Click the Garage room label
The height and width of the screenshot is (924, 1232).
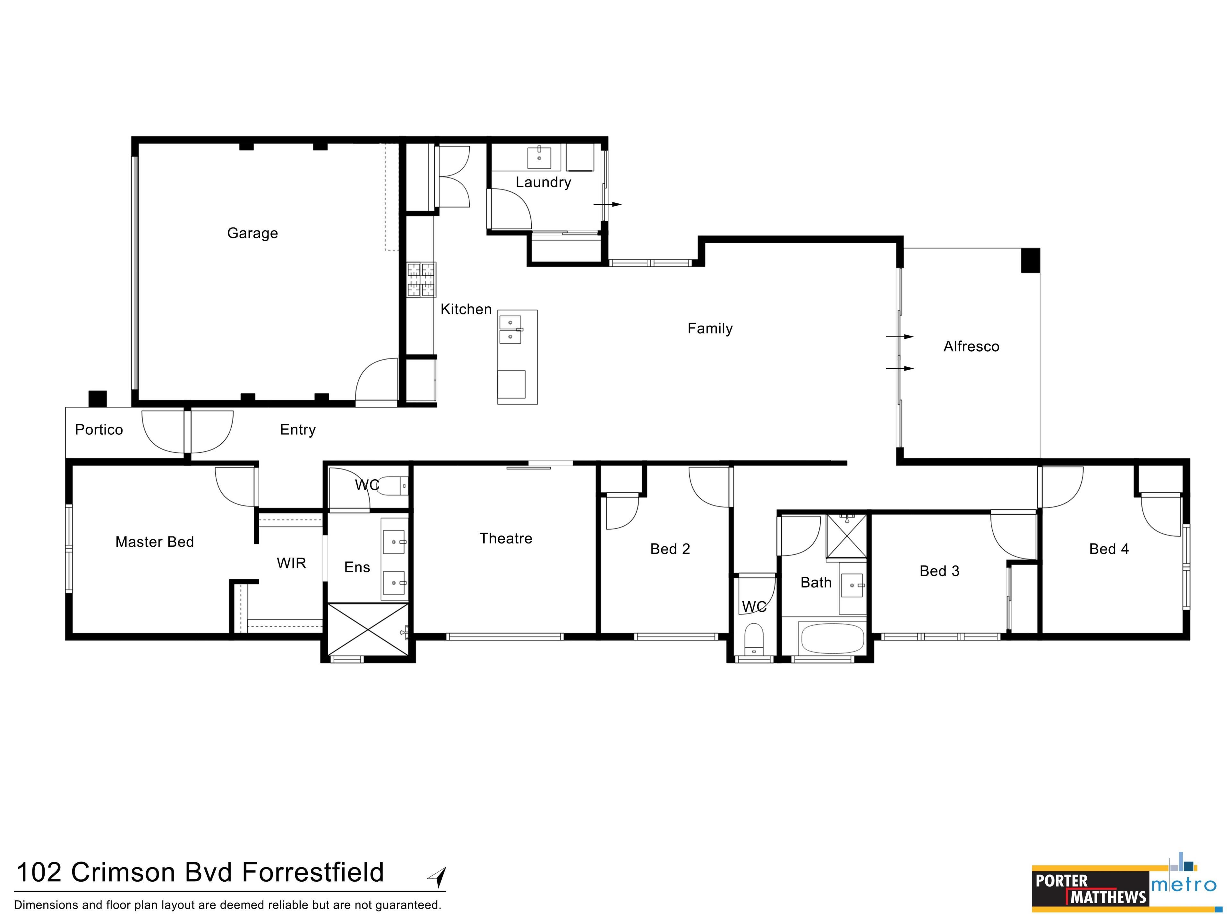(252, 233)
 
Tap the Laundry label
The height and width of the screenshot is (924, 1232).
(543, 182)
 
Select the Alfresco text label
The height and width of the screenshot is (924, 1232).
(971, 346)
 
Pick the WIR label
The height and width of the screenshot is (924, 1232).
(291, 563)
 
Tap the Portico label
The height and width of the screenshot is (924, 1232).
(98, 429)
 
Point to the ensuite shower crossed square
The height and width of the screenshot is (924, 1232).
(368, 629)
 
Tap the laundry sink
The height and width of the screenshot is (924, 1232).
(539, 157)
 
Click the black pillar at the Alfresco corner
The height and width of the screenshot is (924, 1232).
(1031, 260)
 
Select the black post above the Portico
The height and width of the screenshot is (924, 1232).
(98, 399)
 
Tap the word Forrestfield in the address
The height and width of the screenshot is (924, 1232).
(313, 872)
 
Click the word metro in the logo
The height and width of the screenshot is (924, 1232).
(1184, 885)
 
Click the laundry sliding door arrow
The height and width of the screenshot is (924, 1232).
(607, 204)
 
